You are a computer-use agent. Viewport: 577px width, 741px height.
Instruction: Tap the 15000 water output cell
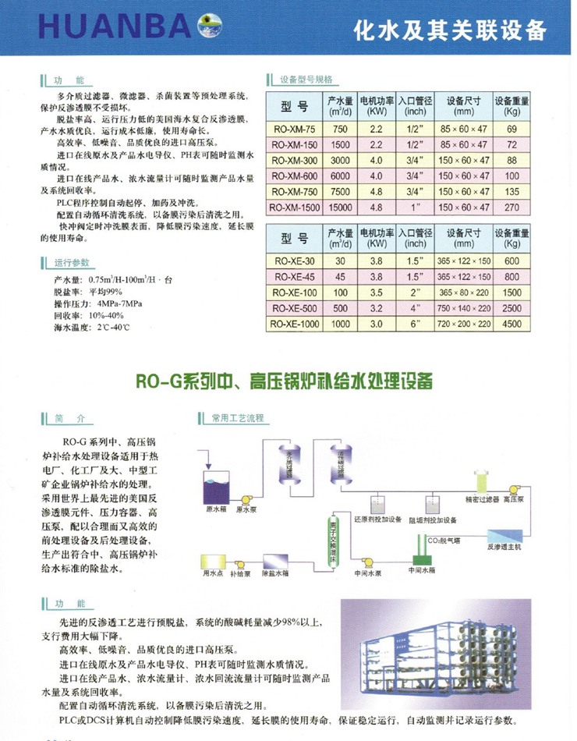[x=339, y=207]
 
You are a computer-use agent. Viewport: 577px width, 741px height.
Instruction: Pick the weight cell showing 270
[x=512, y=207]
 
